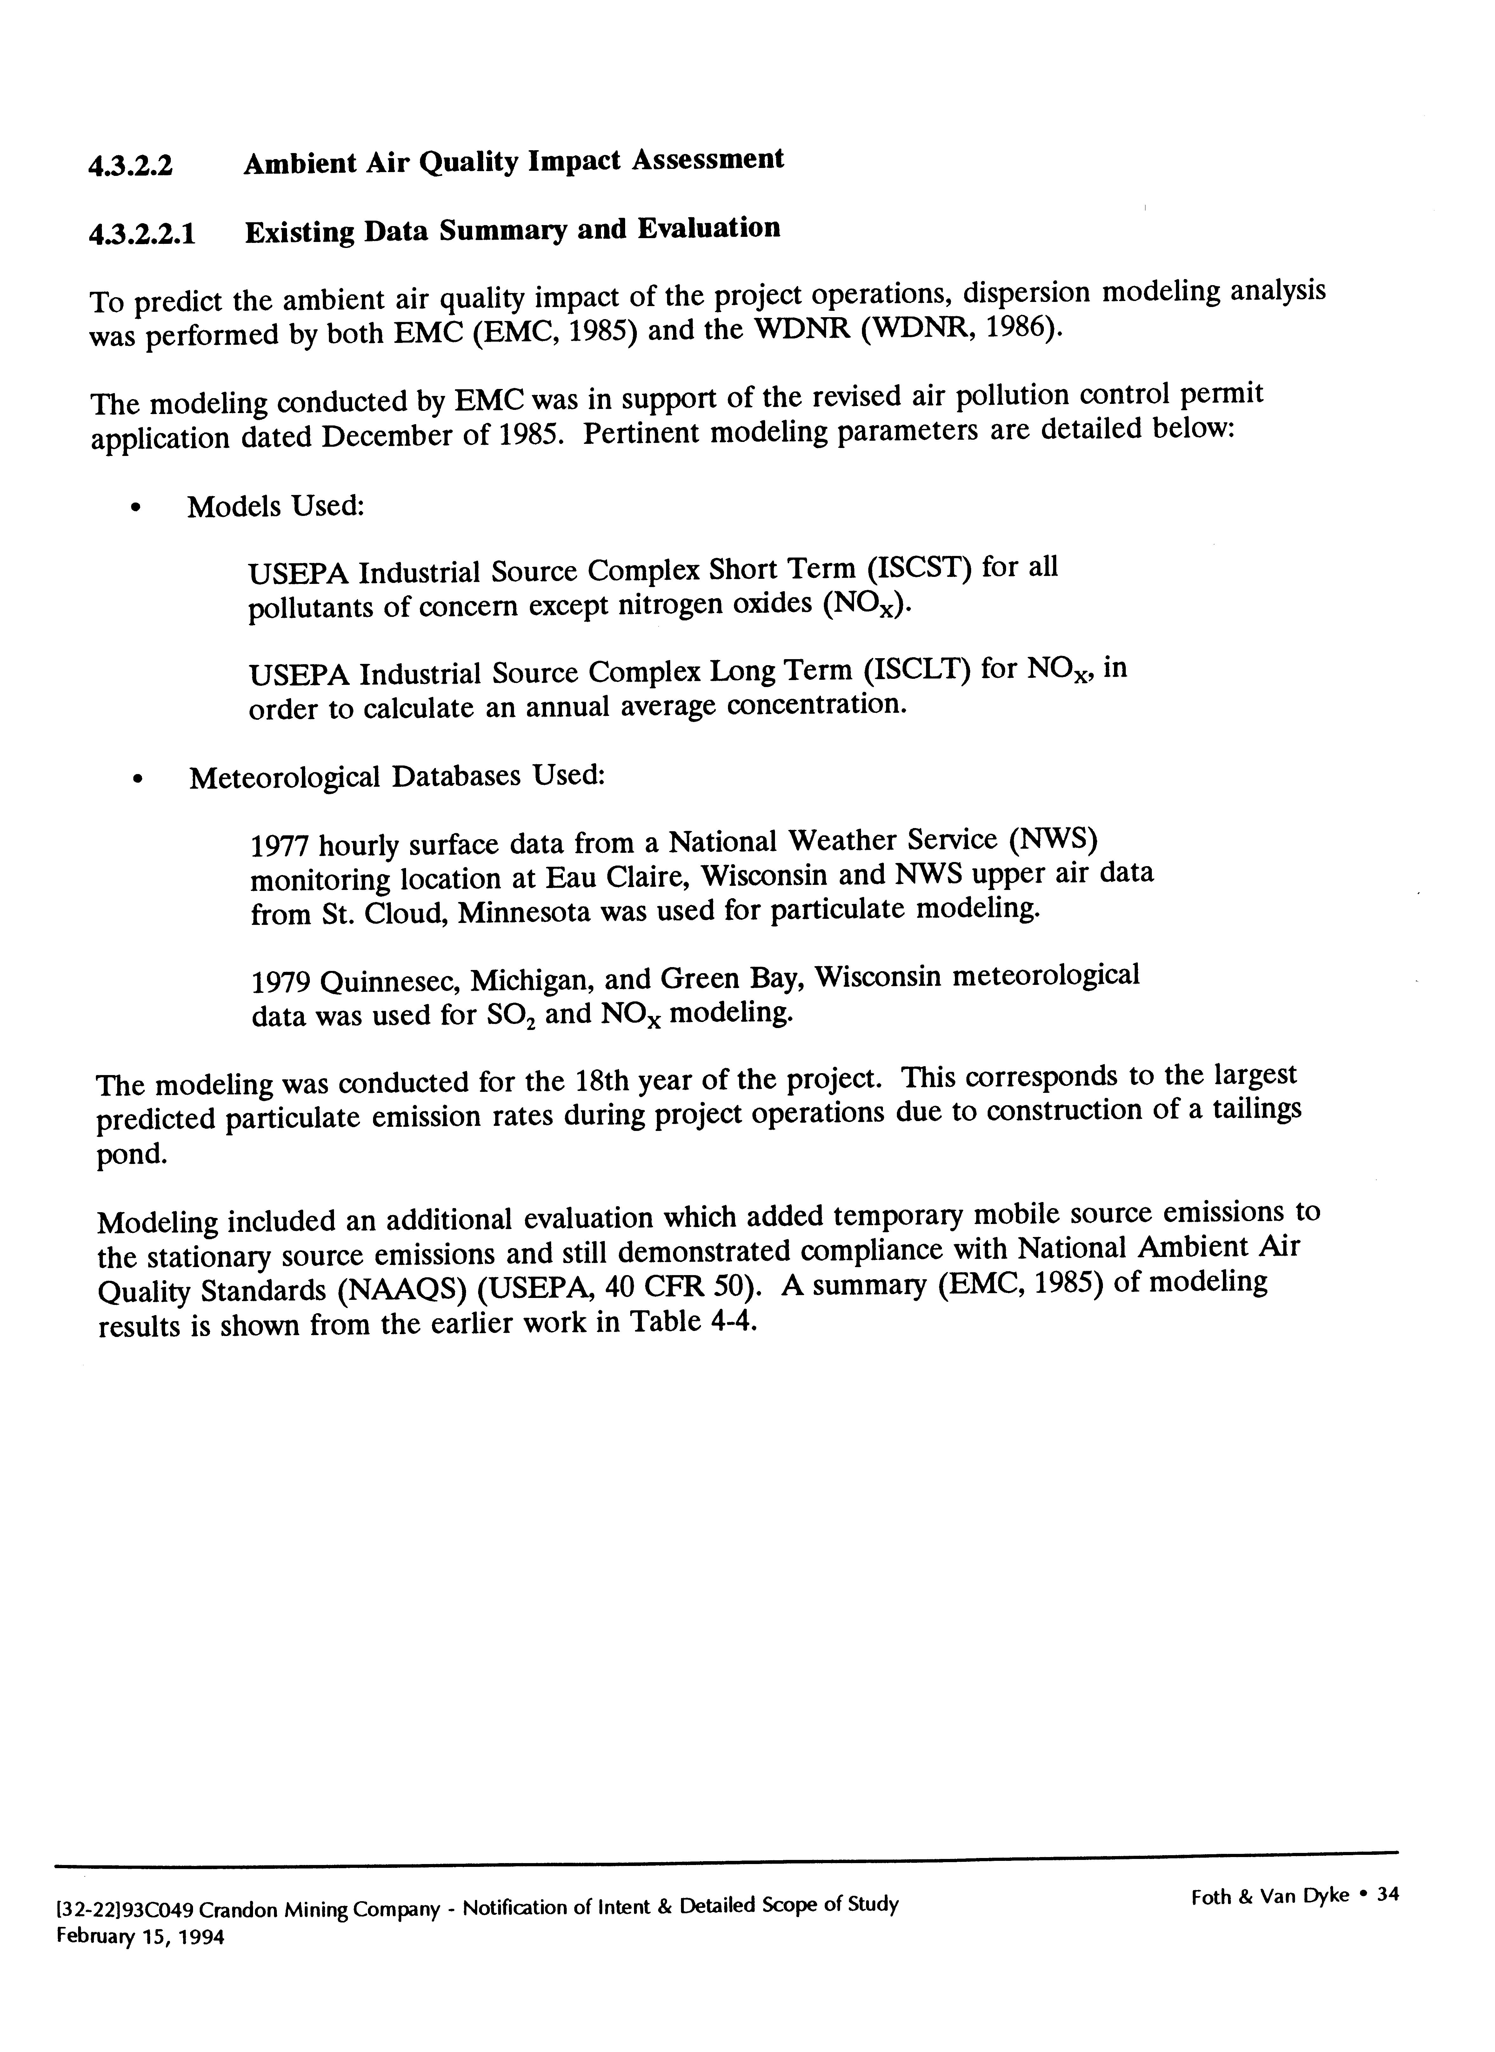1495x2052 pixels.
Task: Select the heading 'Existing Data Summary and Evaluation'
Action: click(512, 230)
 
